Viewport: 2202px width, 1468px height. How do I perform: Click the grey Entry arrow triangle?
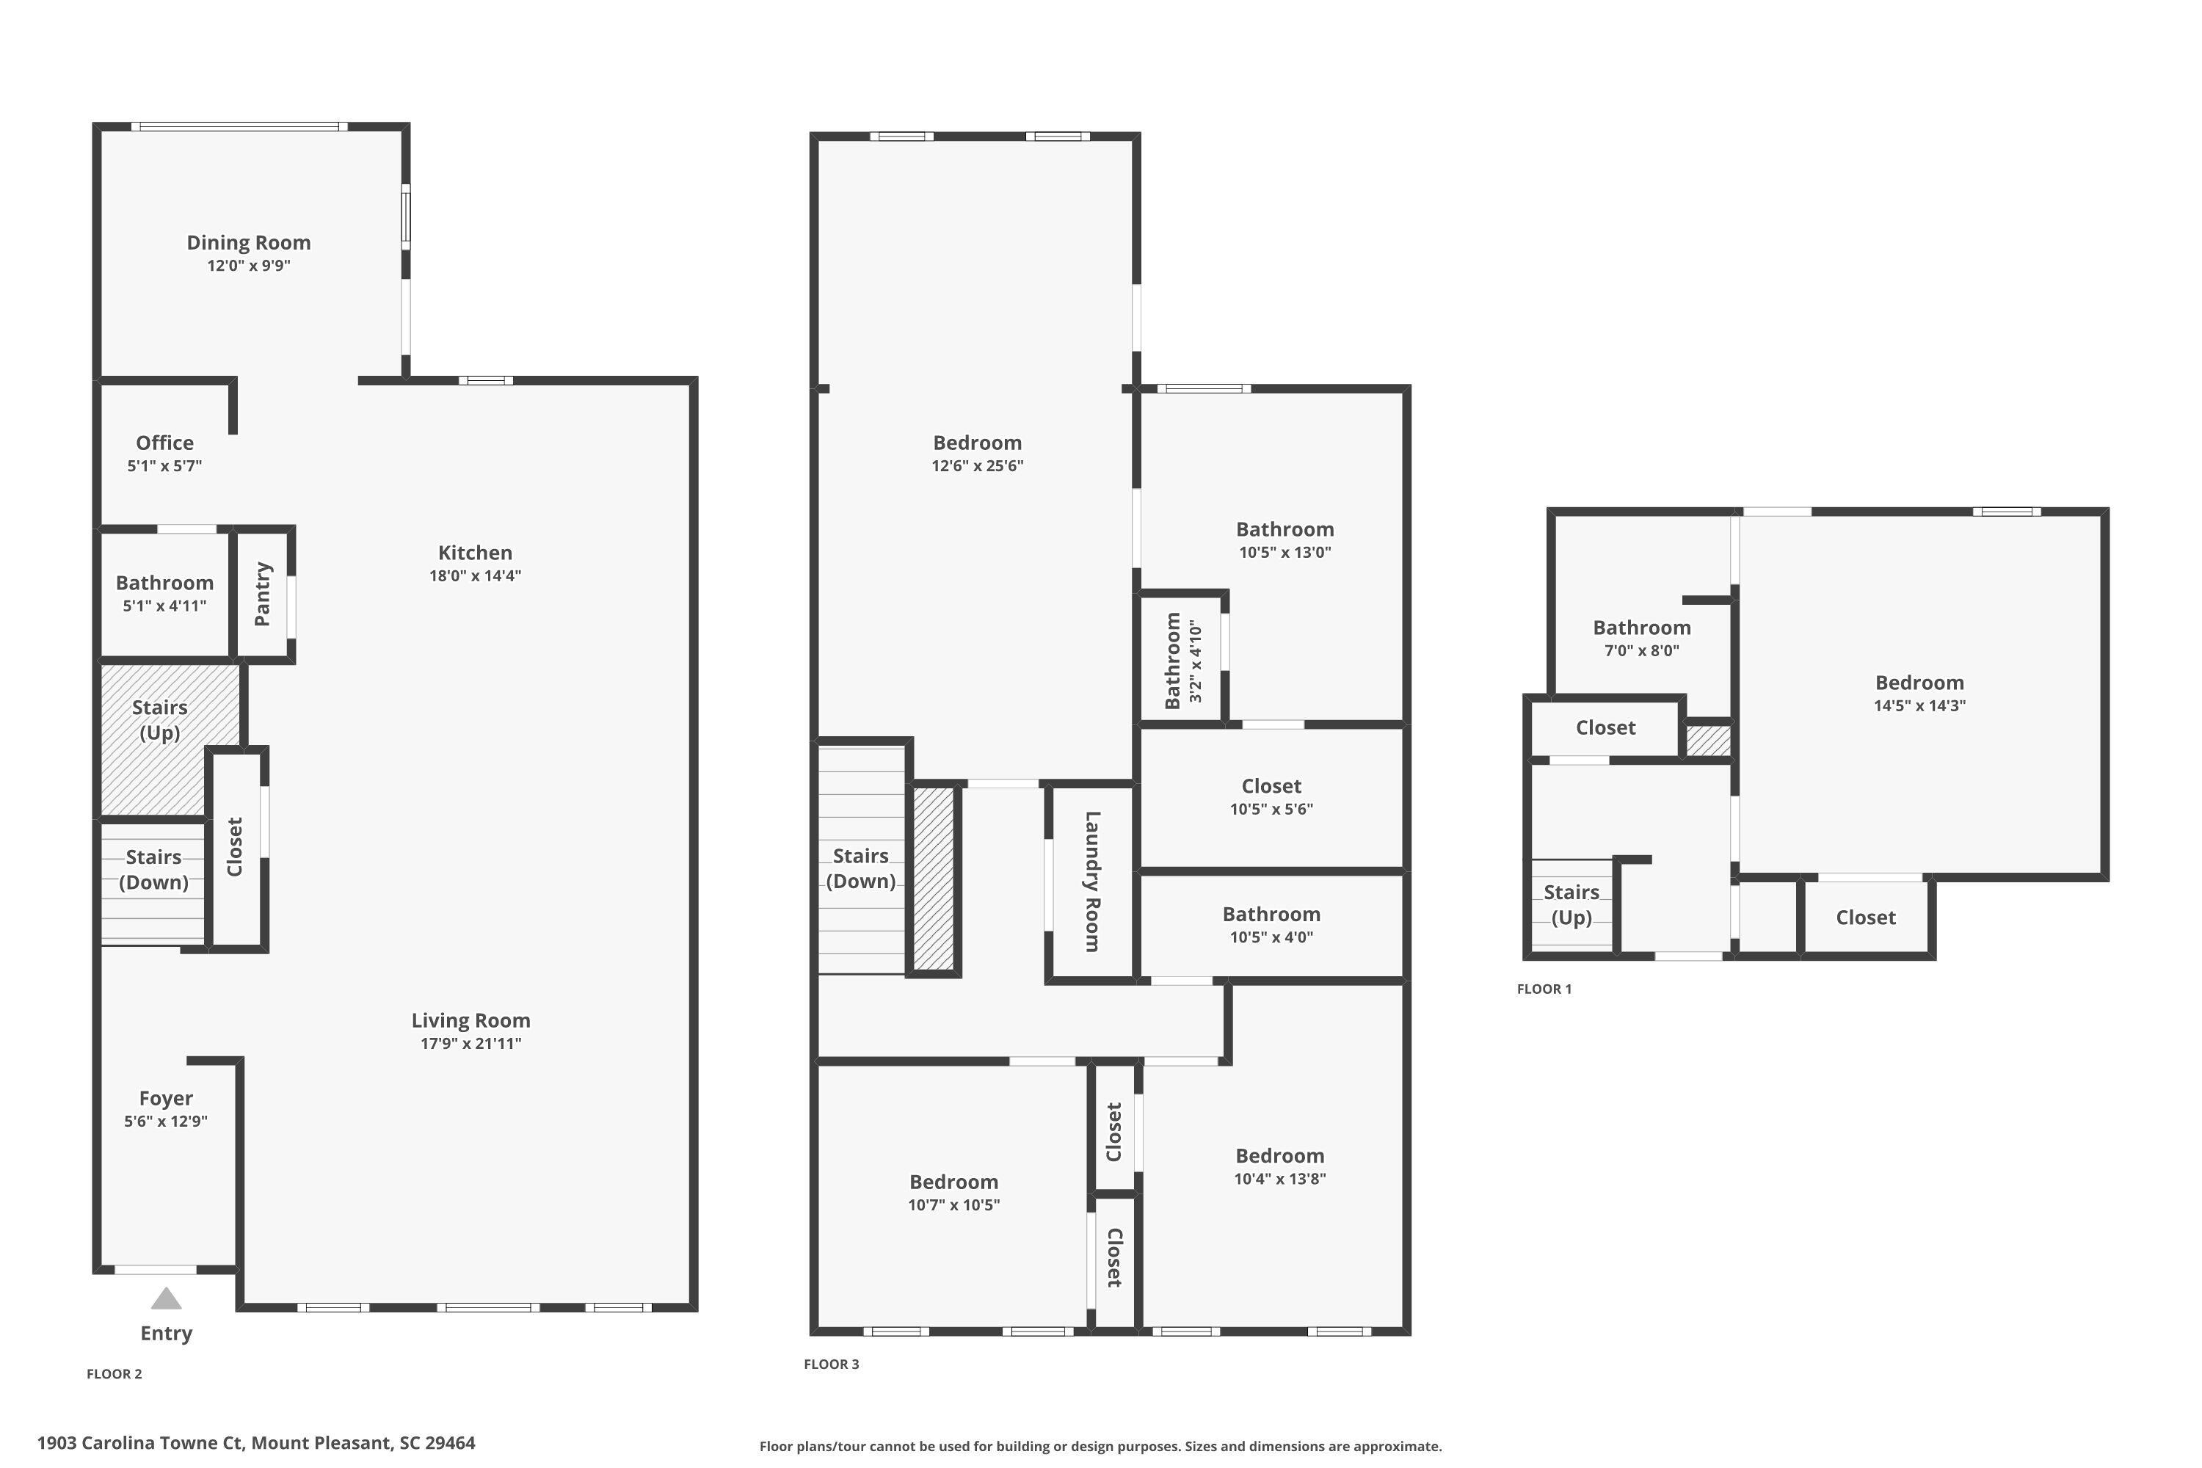[x=166, y=1299]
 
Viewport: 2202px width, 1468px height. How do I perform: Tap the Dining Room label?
[x=248, y=242]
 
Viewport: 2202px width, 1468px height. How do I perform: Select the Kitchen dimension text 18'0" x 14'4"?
[x=475, y=575]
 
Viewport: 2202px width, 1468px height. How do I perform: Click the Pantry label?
[x=262, y=595]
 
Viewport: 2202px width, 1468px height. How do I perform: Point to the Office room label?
[x=164, y=443]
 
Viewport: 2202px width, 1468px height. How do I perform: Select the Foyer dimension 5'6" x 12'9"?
[x=166, y=1121]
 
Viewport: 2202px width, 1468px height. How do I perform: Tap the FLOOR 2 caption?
[x=115, y=1373]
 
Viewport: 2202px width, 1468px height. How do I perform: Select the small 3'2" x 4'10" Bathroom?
[x=1182, y=660]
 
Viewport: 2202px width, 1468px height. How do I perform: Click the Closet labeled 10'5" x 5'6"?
[x=1271, y=796]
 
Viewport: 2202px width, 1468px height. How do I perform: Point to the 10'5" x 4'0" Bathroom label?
[x=1271, y=915]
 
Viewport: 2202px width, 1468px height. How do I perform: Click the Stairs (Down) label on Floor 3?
[x=860, y=868]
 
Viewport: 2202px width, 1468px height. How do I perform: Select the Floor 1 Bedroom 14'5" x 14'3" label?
[x=1919, y=683]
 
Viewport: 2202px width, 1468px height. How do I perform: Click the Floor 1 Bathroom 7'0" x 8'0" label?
[x=1641, y=628]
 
